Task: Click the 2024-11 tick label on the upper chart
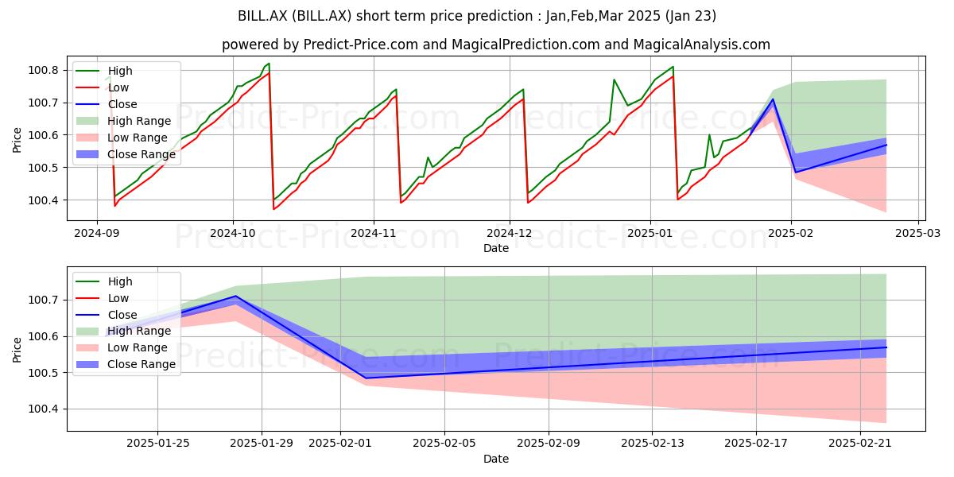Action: pos(374,234)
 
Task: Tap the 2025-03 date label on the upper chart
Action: pos(917,234)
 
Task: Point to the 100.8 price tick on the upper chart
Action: pos(43,70)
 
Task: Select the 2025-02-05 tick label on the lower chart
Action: pos(444,444)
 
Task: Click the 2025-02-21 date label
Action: pos(860,444)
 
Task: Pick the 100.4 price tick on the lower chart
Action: pos(43,409)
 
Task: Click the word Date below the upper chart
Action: pos(496,248)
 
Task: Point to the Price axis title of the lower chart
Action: pos(17,350)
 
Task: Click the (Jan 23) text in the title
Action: pos(690,16)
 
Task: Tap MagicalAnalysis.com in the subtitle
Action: pos(701,45)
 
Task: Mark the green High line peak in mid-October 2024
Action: pos(269,64)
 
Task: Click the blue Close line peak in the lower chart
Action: pos(236,296)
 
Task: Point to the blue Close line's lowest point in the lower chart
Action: pos(366,378)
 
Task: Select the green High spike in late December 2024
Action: pos(614,79)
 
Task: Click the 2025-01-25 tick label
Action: pos(157,444)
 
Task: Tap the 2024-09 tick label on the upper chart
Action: pos(97,234)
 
